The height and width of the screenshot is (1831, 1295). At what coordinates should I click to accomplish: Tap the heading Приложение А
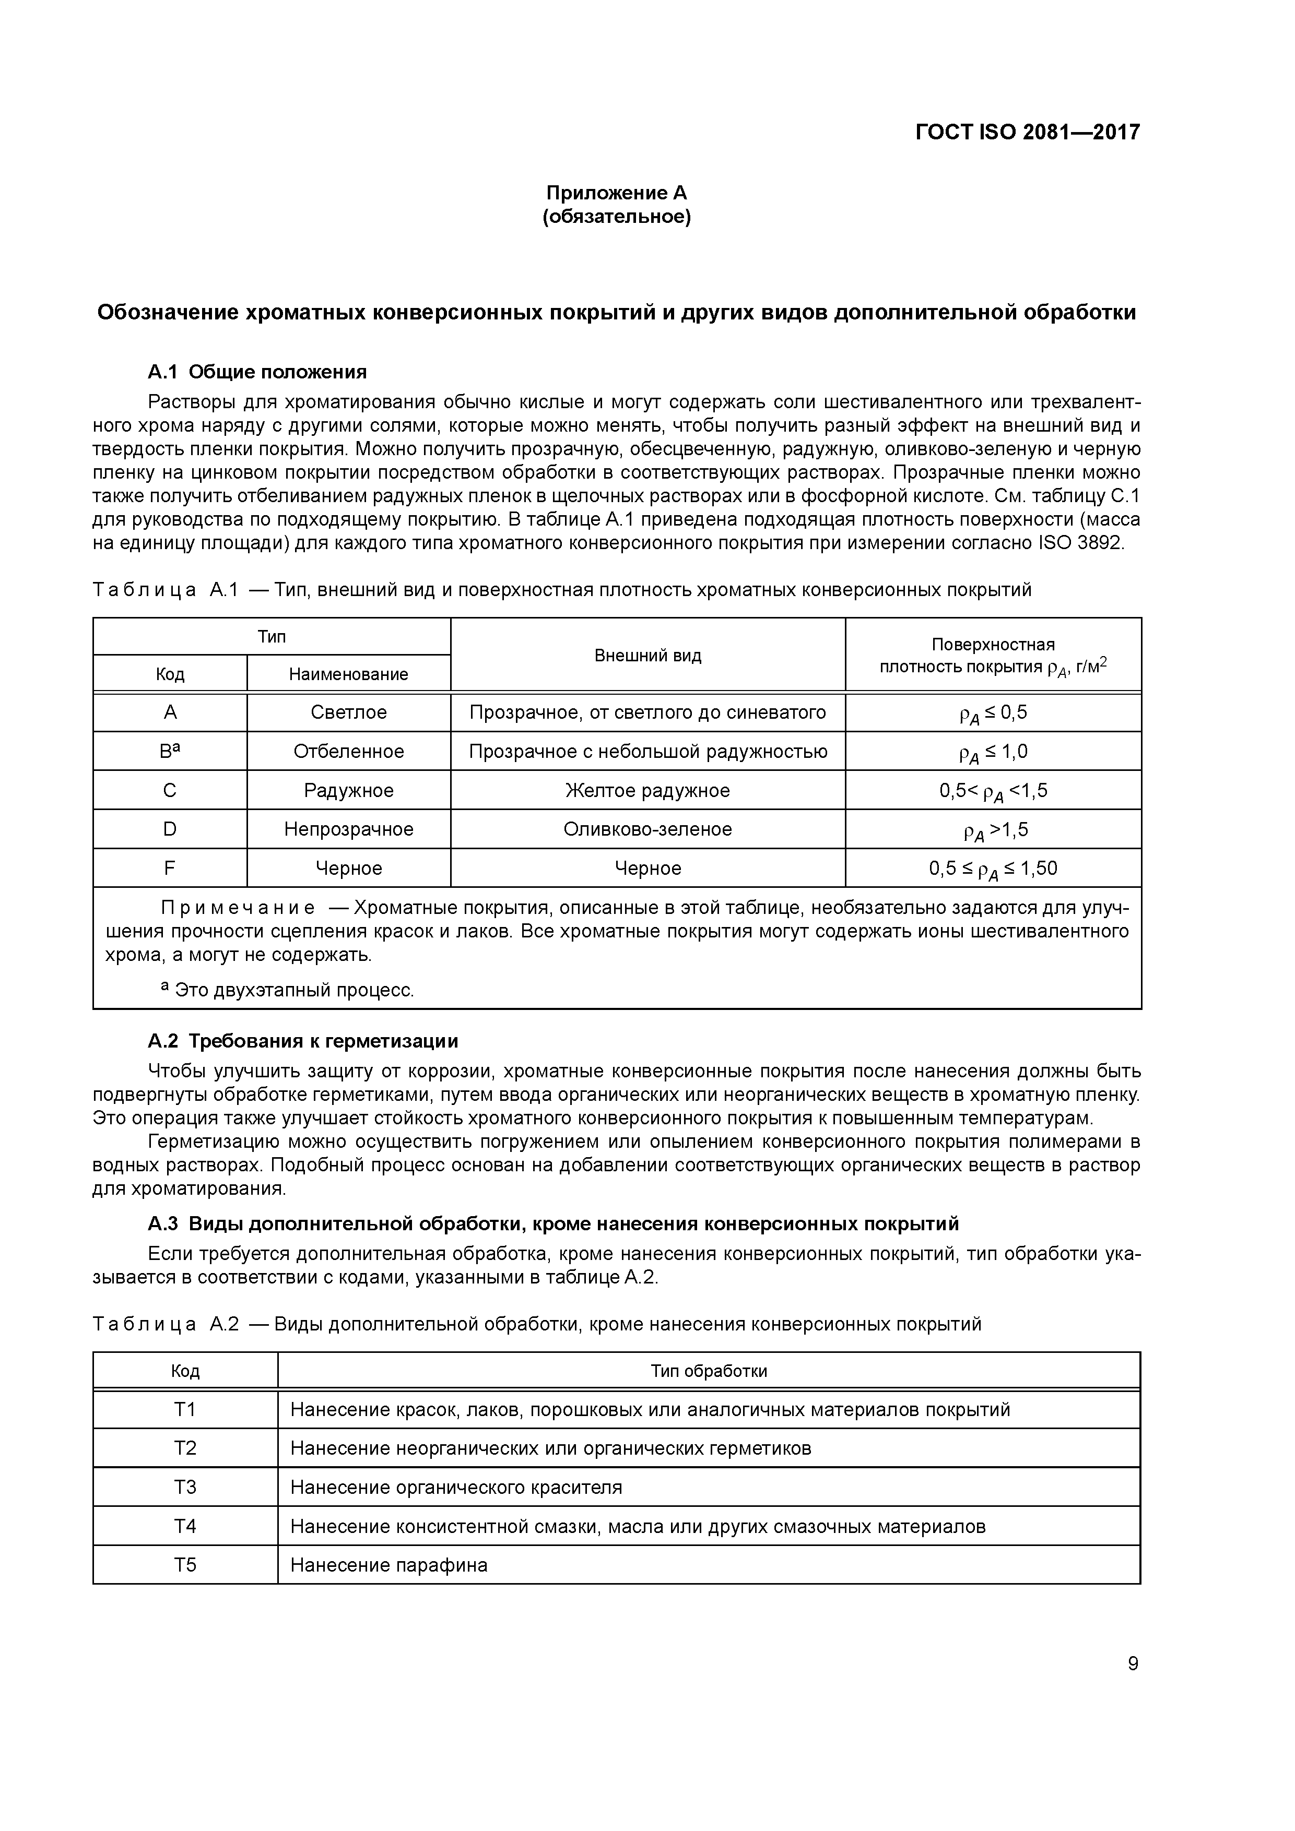click(x=616, y=193)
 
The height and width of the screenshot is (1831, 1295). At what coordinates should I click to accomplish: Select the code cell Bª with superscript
click(x=170, y=751)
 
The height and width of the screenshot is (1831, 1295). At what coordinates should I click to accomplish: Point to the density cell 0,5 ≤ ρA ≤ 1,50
click(x=993, y=869)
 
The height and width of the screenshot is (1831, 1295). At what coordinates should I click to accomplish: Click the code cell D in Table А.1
click(x=170, y=829)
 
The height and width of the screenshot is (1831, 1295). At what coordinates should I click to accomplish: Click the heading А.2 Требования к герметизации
click(x=303, y=1041)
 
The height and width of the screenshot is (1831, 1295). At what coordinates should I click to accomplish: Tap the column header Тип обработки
click(x=709, y=1371)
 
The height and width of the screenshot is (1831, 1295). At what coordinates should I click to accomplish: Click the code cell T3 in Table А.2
click(x=185, y=1487)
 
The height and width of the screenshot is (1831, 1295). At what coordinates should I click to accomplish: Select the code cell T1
click(x=185, y=1410)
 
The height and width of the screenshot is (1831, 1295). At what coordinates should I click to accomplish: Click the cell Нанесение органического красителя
click(x=456, y=1487)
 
